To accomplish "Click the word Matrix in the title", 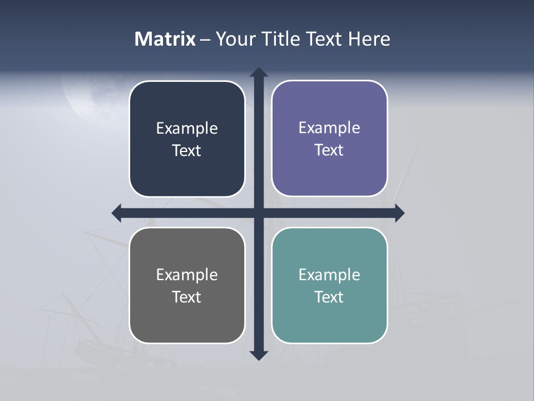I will [x=165, y=39].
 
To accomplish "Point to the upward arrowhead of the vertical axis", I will [x=259, y=73].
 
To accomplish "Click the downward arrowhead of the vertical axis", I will [x=259, y=355].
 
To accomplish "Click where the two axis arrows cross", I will [x=259, y=213].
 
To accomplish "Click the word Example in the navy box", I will [x=187, y=129].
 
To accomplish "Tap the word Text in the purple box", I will [x=329, y=150].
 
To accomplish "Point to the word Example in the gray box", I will [x=187, y=275].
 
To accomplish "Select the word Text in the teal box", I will [x=329, y=297].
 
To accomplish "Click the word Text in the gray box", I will [x=187, y=297].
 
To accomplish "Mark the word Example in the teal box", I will [x=329, y=275].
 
